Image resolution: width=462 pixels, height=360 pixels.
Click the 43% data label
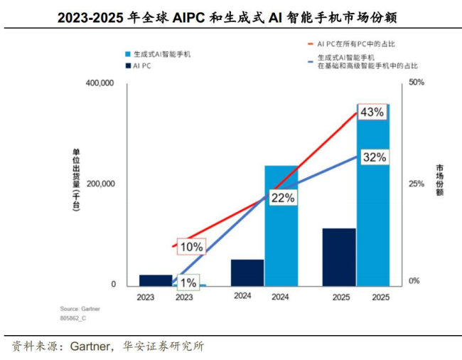[x=372, y=112]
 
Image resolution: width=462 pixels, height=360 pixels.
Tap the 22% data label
[x=283, y=198]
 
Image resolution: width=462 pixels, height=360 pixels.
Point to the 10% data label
[x=191, y=247]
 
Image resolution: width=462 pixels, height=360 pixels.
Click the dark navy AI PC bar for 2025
[x=339, y=258]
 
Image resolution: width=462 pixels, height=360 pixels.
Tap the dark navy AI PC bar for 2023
[x=156, y=280]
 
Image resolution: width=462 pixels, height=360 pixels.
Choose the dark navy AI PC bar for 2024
[x=247, y=272]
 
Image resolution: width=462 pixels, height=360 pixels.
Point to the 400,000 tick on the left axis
[x=100, y=84]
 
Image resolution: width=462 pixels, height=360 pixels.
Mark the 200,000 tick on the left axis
[x=100, y=184]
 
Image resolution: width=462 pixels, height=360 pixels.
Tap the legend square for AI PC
[x=127, y=66]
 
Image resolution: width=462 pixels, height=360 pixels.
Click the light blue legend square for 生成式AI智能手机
[x=127, y=54]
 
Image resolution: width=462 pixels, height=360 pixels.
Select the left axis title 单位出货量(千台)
[x=76, y=182]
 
